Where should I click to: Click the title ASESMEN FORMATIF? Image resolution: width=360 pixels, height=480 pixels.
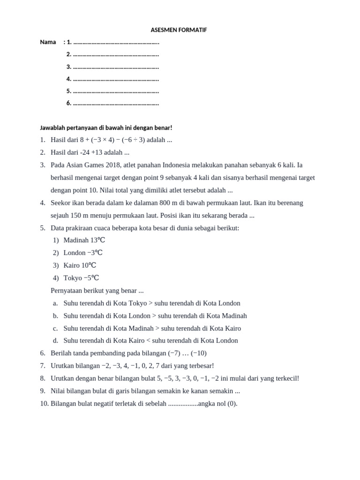[179, 30]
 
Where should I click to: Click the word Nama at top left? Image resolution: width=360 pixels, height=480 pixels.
[48, 42]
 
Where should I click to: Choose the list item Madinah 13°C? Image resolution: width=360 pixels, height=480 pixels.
[84, 240]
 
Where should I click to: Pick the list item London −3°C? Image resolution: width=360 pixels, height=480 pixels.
[82, 253]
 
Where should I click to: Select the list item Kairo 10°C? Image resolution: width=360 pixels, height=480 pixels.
[80, 265]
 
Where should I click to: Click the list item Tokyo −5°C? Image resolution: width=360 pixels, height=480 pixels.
[81, 278]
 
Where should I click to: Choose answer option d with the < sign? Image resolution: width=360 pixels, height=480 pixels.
[150, 341]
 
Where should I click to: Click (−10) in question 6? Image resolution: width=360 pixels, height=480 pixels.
[199, 353]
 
